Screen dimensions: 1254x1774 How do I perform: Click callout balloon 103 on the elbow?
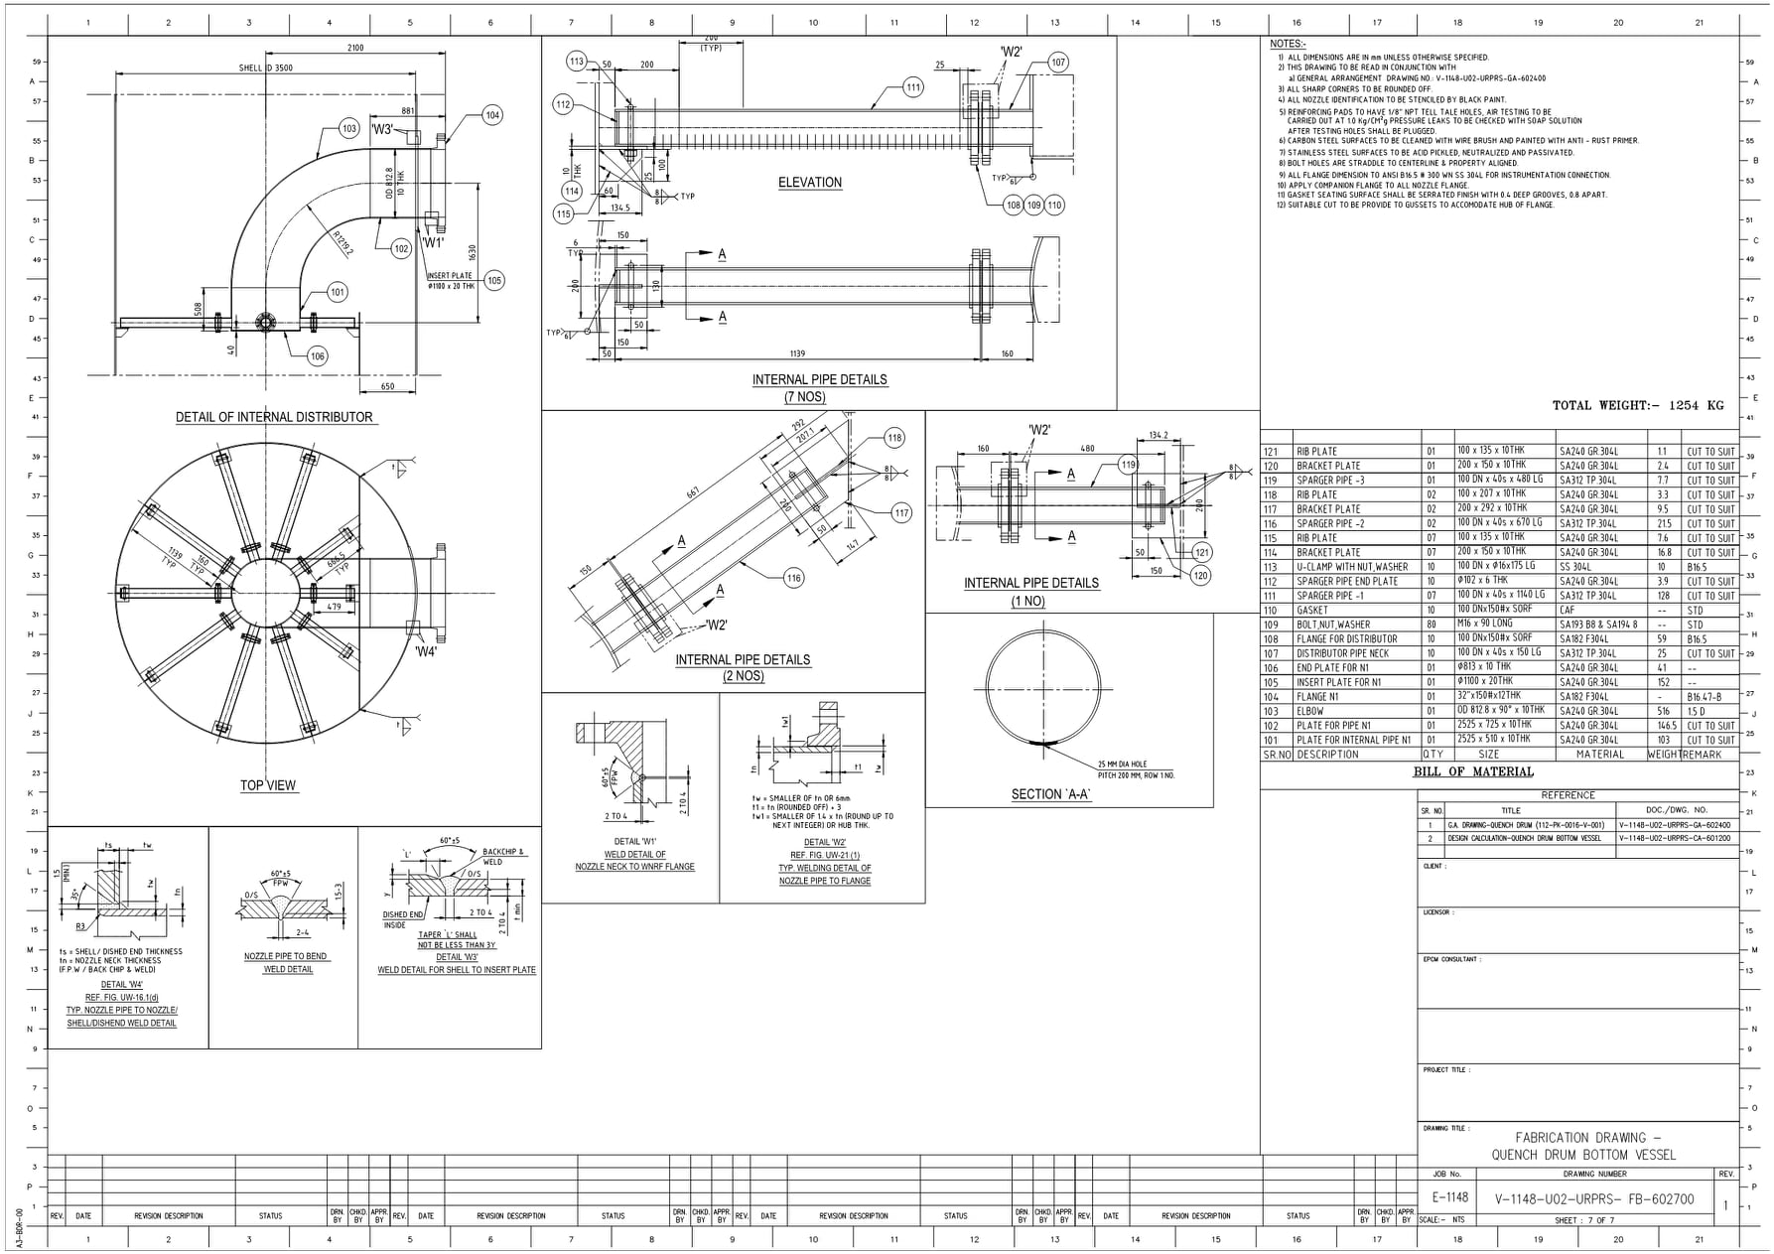tap(348, 129)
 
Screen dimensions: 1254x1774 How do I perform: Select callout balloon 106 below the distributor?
tap(317, 356)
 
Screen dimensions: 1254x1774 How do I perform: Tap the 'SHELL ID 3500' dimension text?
tap(266, 69)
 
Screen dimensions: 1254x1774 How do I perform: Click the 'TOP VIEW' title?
tap(268, 785)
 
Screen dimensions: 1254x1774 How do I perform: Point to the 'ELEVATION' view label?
tap(810, 183)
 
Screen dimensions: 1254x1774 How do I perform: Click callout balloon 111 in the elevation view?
tap(913, 87)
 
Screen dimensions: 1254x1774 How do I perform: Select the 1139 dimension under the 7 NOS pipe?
tap(797, 353)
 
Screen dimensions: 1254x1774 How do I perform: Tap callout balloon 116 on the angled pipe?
tap(793, 578)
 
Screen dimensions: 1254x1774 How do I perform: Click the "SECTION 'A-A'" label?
tap(1051, 794)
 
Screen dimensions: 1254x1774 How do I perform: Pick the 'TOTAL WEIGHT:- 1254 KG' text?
tap(1638, 405)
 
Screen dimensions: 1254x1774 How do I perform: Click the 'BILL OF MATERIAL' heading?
tap(1473, 771)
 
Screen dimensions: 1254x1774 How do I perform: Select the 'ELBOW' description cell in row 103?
tap(1310, 711)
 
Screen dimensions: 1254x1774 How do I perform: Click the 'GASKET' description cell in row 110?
tap(1312, 611)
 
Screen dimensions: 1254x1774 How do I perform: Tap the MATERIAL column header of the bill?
tap(1600, 755)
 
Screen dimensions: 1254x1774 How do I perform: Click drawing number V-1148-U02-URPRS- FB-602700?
tap(1594, 1199)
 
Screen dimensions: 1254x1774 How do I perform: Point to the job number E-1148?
tap(1450, 1197)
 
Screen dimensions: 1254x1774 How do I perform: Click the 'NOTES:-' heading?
tap(1288, 44)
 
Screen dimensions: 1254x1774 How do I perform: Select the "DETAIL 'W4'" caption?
tap(122, 985)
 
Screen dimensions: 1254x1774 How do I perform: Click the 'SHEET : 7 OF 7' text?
tap(1584, 1220)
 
